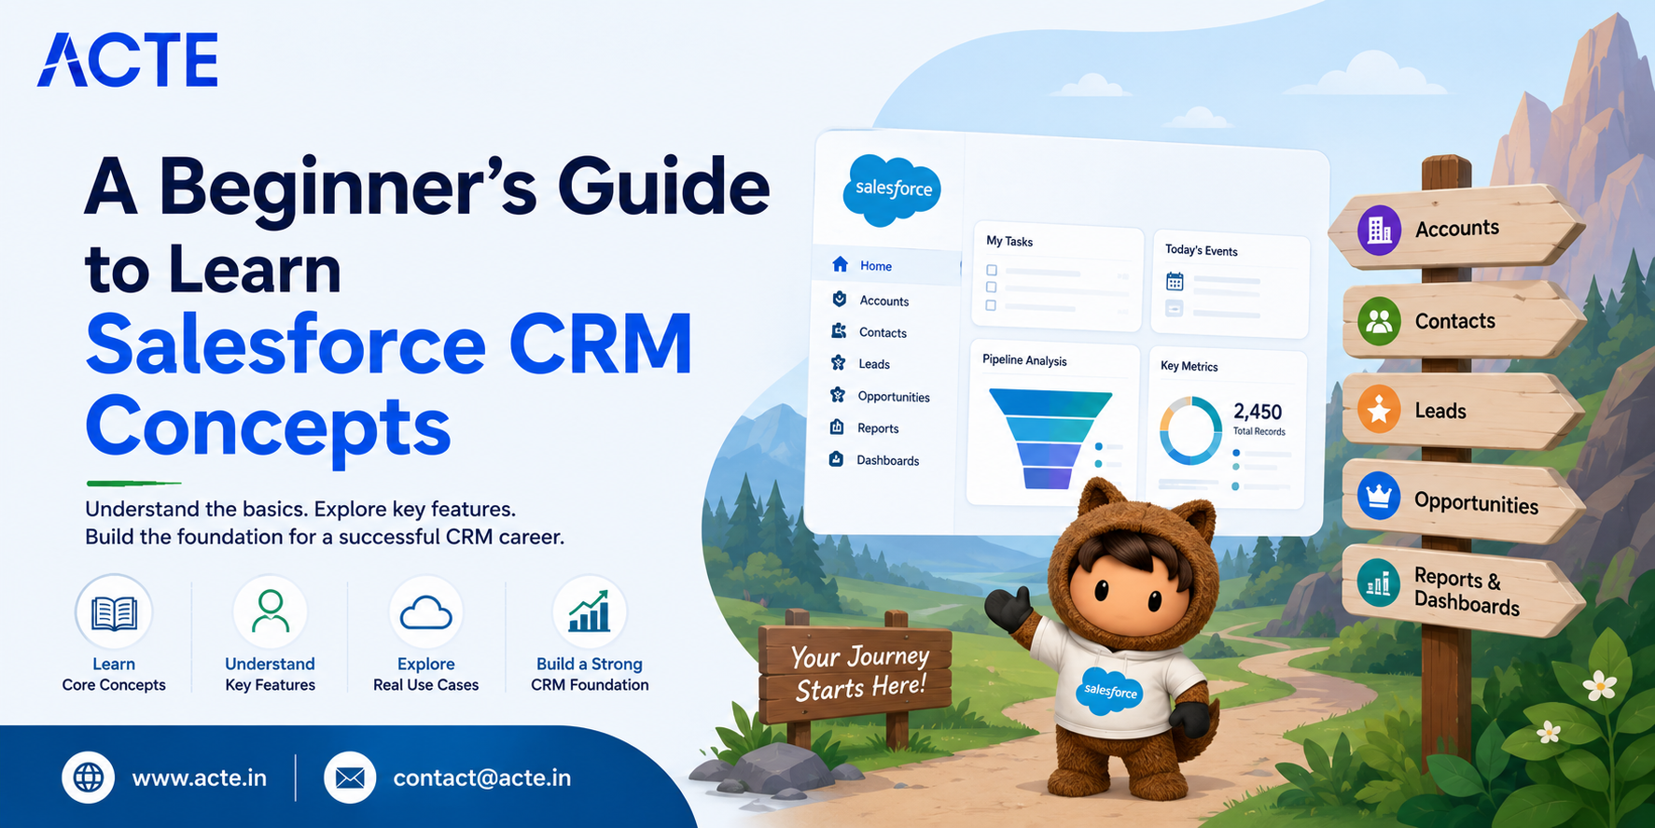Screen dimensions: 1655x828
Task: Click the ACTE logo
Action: click(128, 60)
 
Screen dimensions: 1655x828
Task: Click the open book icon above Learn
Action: click(114, 612)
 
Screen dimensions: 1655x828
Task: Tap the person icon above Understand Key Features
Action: click(270, 611)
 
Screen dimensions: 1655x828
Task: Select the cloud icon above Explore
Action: click(425, 613)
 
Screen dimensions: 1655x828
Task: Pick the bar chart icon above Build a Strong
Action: click(590, 610)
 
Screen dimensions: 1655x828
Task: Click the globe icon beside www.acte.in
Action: click(89, 778)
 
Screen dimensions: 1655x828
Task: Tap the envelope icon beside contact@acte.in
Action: click(350, 778)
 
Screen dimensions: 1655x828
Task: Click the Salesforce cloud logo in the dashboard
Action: click(892, 189)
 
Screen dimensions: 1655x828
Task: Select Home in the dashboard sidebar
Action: click(876, 266)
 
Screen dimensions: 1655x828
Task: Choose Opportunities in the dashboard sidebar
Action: click(894, 397)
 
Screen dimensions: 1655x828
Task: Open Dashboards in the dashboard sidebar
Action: click(887, 460)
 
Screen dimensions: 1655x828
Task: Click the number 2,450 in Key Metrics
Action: click(1258, 412)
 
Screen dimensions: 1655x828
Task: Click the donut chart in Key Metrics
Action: click(1190, 430)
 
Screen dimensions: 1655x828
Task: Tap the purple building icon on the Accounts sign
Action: click(1380, 230)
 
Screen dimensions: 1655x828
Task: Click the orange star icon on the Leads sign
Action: click(1379, 410)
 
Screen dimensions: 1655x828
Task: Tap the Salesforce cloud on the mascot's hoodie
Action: click(1109, 691)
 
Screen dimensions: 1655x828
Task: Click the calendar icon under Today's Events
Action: click(1175, 281)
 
